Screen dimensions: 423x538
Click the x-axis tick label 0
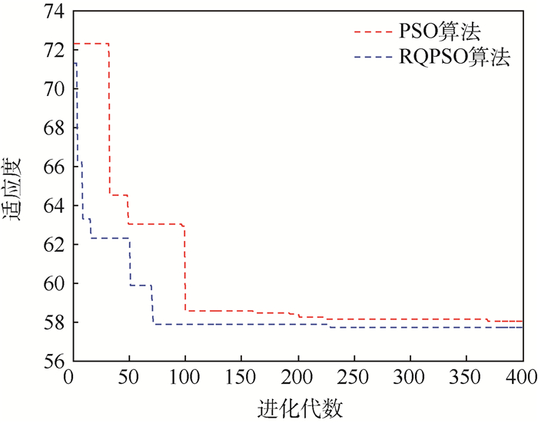pyautogui.click(x=72, y=378)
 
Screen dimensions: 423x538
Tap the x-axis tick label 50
pyautogui.click(x=128, y=378)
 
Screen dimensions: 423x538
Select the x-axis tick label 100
pyautogui.click(x=184, y=378)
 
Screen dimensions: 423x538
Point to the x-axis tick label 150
pyautogui.click(x=241, y=378)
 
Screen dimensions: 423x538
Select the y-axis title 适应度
pyautogui.click(x=16, y=190)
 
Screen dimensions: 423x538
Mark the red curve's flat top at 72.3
pyautogui.click(x=91, y=44)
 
